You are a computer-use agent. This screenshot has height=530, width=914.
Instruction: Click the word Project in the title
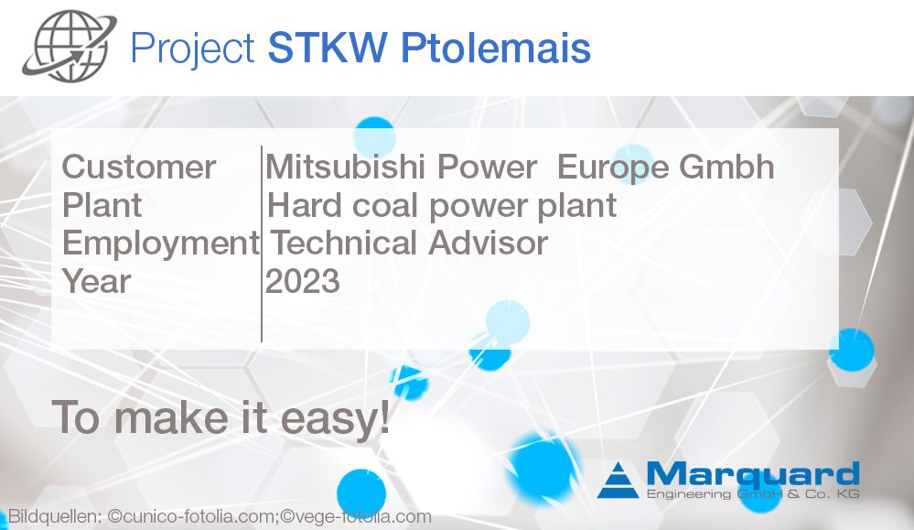coord(192,48)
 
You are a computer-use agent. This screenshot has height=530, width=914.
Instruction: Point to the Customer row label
coord(138,168)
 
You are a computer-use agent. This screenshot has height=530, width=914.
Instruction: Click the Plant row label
coord(102,205)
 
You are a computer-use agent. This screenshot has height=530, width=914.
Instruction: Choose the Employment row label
coord(160,243)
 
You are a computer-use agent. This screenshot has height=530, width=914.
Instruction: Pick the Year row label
coord(96,281)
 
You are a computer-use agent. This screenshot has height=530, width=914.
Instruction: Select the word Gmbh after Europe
coord(731,168)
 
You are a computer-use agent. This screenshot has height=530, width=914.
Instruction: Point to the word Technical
coord(344,243)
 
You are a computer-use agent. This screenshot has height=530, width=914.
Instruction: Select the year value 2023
coord(303,281)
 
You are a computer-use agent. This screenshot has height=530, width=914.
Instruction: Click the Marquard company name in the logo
coord(752,474)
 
